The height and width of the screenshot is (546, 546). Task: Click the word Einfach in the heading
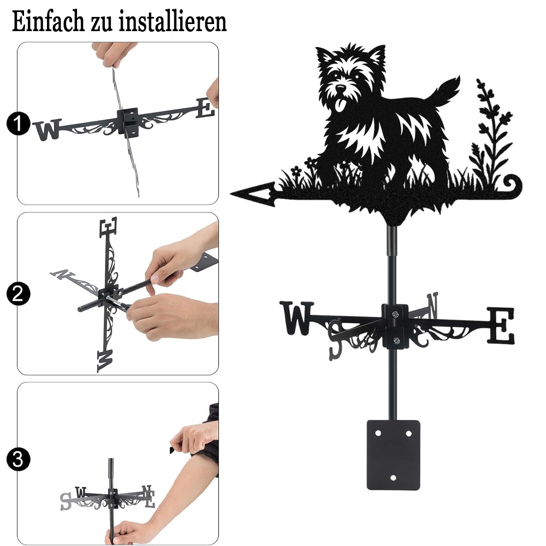point(48,21)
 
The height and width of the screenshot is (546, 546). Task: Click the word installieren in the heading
point(173,21)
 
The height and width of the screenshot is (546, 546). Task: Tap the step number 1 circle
point(17,123)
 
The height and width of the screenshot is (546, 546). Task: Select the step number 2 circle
point(17,294)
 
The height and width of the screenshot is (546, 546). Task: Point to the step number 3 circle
point(17,459)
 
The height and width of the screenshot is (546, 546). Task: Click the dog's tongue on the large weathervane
point(340,105)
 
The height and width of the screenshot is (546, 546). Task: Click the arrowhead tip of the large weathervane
point(231,193)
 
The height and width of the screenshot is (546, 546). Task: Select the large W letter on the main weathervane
point(296,318)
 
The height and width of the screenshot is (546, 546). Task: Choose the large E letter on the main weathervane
point(500,325)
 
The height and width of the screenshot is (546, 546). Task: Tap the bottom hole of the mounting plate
point(393,478)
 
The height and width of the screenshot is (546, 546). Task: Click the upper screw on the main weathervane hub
point(395,315)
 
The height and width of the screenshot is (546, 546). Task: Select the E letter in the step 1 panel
point(205,108)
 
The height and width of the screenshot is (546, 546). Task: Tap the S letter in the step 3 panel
point(66,501)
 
